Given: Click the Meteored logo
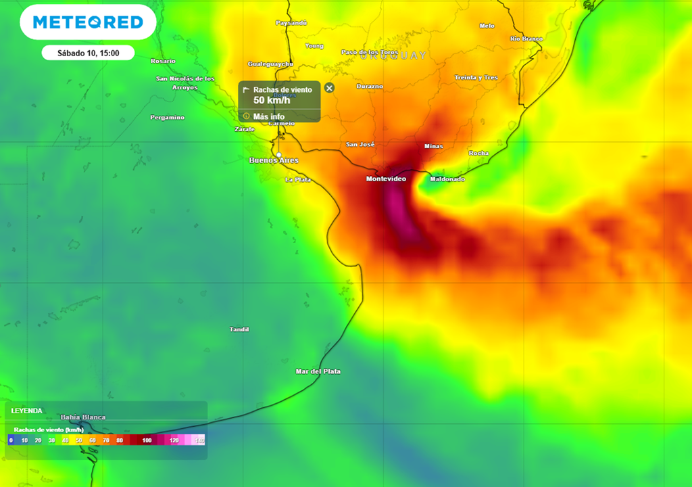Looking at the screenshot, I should [x=88, y=22].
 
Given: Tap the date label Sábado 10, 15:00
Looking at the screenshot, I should [x=88, y=53].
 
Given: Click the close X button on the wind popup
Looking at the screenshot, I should [x=329, y=88].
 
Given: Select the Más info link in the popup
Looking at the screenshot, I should [x=268, y=116].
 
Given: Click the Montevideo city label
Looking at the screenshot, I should [x=386, y=179].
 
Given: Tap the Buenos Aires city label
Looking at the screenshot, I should [x=274, y=161].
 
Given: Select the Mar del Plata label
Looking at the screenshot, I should [x=318, y=371].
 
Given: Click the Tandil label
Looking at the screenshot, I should [x=239, y=329].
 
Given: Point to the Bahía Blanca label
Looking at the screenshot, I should [x=83, y=417].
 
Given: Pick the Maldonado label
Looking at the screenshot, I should [x=447, y=179].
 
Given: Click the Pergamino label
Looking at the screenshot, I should [x=167, y=118].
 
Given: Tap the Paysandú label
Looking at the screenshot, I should [x=291, y=23].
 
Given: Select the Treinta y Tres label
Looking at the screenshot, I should [x=476, y=78].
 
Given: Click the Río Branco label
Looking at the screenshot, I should [x=526, y=39].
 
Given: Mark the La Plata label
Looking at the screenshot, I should [x=297, y=179].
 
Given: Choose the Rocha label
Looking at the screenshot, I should [x=478, y=154].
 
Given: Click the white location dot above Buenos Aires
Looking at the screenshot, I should [x=279, y=154].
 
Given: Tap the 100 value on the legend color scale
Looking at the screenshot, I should [x=147, y=440].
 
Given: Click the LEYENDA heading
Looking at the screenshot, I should [x=26, y=411].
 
